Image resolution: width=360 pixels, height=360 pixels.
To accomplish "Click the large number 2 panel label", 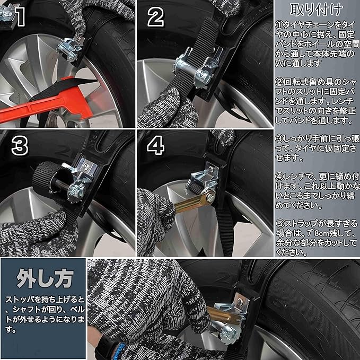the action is pyautogui.click(x=156, y=17).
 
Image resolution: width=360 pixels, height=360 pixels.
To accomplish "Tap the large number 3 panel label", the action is pyautogui.click(x=19, y=146).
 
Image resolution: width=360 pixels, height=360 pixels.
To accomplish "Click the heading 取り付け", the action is pyautogui.click(x=317, y=10).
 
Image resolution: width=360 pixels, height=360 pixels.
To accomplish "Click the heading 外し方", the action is pyautogui.click(x=45, y=278).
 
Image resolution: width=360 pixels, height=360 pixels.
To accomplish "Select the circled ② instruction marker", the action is pyautogui.click(x=279, y=82).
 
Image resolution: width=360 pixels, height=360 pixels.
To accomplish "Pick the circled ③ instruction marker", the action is pyautogui.click(x=279, y=138).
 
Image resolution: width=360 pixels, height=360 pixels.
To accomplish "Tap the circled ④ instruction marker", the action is pyautogui.click(x=279, y=177).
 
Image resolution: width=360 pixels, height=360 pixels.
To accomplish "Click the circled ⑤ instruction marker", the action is pyautogui.click(x=279, y=224).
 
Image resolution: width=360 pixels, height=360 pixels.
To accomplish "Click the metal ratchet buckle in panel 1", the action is pyautogui.click(x=70, y=48).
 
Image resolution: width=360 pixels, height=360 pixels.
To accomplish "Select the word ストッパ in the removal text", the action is pyautogui.click(x=19, y=300).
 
